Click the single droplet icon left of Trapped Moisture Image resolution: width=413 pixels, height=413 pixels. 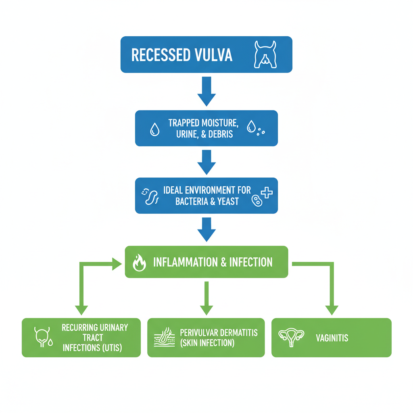[154, 129]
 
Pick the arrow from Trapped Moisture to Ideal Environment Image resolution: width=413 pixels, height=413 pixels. [206, 161]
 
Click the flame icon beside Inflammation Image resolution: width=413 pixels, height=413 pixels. [139, 263]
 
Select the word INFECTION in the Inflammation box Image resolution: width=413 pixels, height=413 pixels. [250, 262]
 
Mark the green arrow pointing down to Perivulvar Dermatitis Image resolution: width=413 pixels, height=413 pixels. [206, 298]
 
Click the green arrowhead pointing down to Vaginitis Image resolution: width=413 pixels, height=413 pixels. [332, 309]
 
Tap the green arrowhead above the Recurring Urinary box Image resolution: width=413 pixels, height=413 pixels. [81, 309]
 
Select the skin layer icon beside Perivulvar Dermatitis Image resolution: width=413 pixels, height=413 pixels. [165, 338]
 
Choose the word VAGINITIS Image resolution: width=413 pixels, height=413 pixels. [332, 338]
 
